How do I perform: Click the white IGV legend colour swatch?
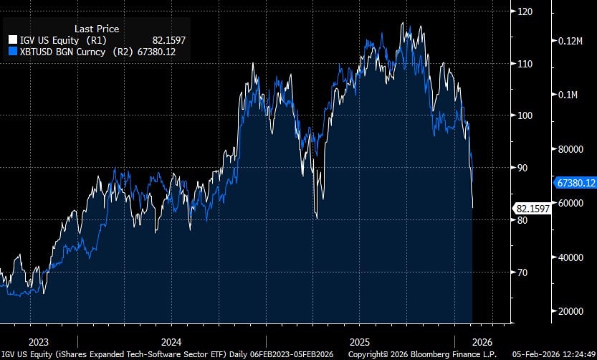click(x=12, y=40)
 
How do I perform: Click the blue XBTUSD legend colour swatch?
click(x=12, y=52)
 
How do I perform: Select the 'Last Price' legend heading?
click(x=97, y=29)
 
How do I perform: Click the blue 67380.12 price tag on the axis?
click(x=575, y=183)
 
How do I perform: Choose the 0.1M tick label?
click(x=568, y=95)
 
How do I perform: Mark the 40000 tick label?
click(x=570, y=257)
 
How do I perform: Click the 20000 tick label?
click(x=570, y=311)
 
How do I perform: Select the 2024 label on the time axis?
click(x=171, y=341)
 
